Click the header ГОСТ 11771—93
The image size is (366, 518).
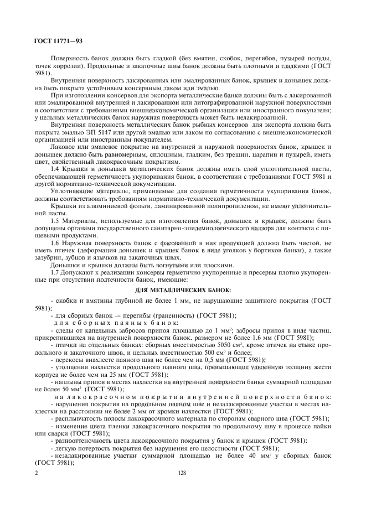coord(58,39)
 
